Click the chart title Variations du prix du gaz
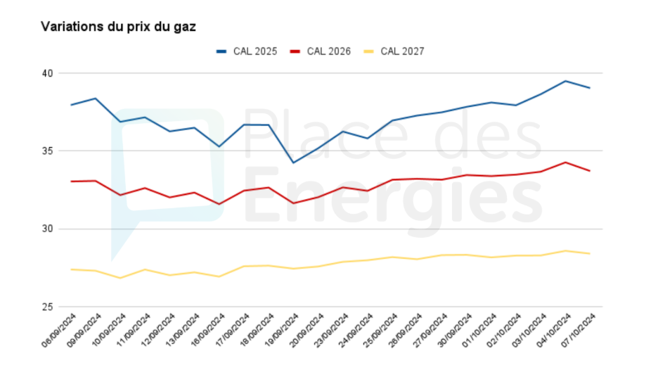pos(118,27)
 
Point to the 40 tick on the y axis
pos(47,73)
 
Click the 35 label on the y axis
pos(47,151)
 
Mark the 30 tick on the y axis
pos(47,229)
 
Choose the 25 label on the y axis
pos(47,307)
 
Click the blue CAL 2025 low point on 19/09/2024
pos(293,162)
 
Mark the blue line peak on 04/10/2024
pos(565,81)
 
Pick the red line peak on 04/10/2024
pos(565,162)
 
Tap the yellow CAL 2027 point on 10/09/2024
pos(121,278)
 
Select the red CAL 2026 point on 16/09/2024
pos(219,204)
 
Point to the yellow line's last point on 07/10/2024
pos(589,253)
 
